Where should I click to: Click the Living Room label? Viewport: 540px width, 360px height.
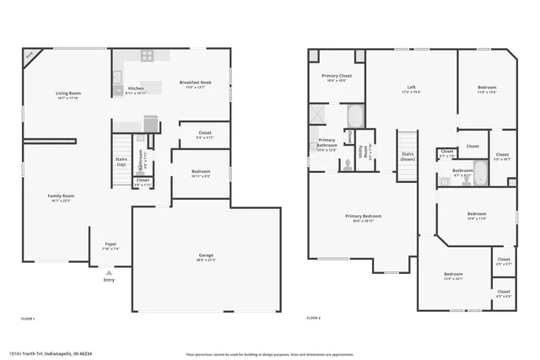pyautogui.click(x=68, y=94)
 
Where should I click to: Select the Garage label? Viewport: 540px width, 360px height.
pyautogui.click(x=206, y=256)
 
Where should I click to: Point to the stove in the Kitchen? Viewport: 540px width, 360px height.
pyautogui.click(x=147, y=56)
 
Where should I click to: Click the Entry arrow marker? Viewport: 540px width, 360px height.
pyautogui.click(x=109, y=273)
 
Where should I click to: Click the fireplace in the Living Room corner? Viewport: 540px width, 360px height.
pyautogui.click(x=30, y=55)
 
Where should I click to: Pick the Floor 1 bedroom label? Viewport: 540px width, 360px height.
pyautogui.click(x=200, y=173)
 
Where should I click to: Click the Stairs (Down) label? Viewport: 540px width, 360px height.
pyautogui.click(x=408, y=156)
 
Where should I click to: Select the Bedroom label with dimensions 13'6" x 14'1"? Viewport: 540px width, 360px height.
pyautogui.click(x=454, y=275)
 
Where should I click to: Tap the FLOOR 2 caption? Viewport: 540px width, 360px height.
pyautogui.click(x=314, y=318)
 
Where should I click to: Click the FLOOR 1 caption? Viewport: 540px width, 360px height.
pyautogui.click(x=28, y=318)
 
